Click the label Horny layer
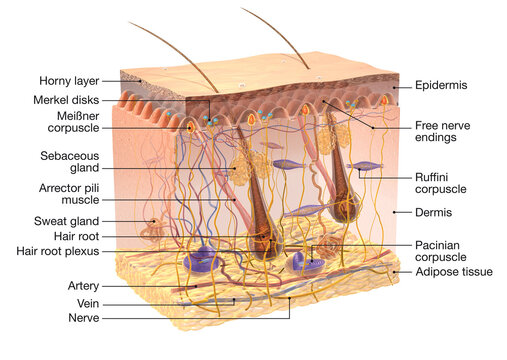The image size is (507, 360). click(x=69, y=81)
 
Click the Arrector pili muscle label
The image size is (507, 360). click(x=68, y=194)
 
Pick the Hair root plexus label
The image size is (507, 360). click(x=56, y=250)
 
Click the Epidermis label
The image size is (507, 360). click(x=443, y=87)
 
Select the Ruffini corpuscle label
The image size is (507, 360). click(x=441, y=182)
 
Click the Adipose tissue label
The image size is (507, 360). click(x=453, y=271)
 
